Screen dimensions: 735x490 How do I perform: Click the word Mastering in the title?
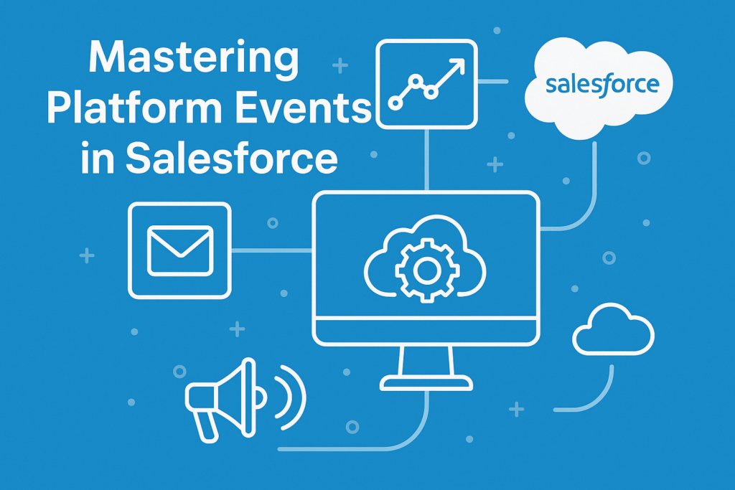click(194, 59)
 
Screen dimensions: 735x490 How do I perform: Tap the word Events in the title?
click(303, 108)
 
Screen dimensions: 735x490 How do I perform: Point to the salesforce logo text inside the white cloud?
click(602, 85)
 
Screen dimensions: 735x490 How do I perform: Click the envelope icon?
click(180, 250)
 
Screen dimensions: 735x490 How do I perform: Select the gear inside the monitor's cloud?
click(426, 270)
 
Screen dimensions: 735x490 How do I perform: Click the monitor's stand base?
click(426, 382)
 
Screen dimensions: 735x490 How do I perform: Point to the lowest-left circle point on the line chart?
click(395, 103)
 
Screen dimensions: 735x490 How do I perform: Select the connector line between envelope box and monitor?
click(272, 250)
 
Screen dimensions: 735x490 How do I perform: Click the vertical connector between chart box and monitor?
click(426, 160)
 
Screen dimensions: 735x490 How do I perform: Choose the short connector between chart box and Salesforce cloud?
click(493, 82)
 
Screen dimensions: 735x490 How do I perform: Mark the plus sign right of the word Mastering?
click(340, 65)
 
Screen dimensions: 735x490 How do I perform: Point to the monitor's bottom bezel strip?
click(426, 331)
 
